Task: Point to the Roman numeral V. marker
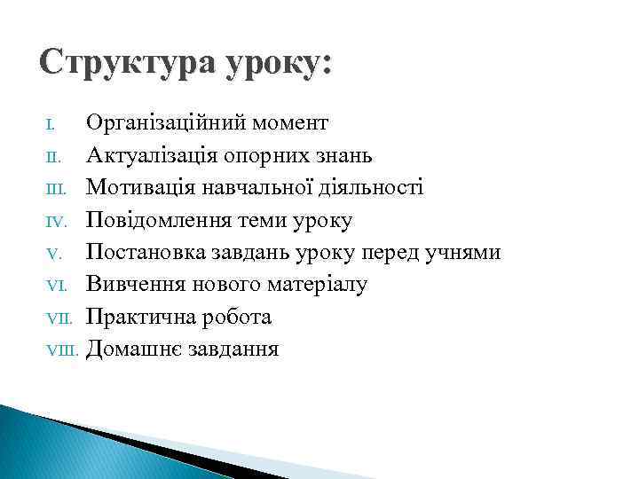click(x=52, y=254)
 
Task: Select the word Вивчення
click(x=131, y=285)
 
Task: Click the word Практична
click(x=136, y=317)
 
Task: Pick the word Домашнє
click(x=133, y=349)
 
